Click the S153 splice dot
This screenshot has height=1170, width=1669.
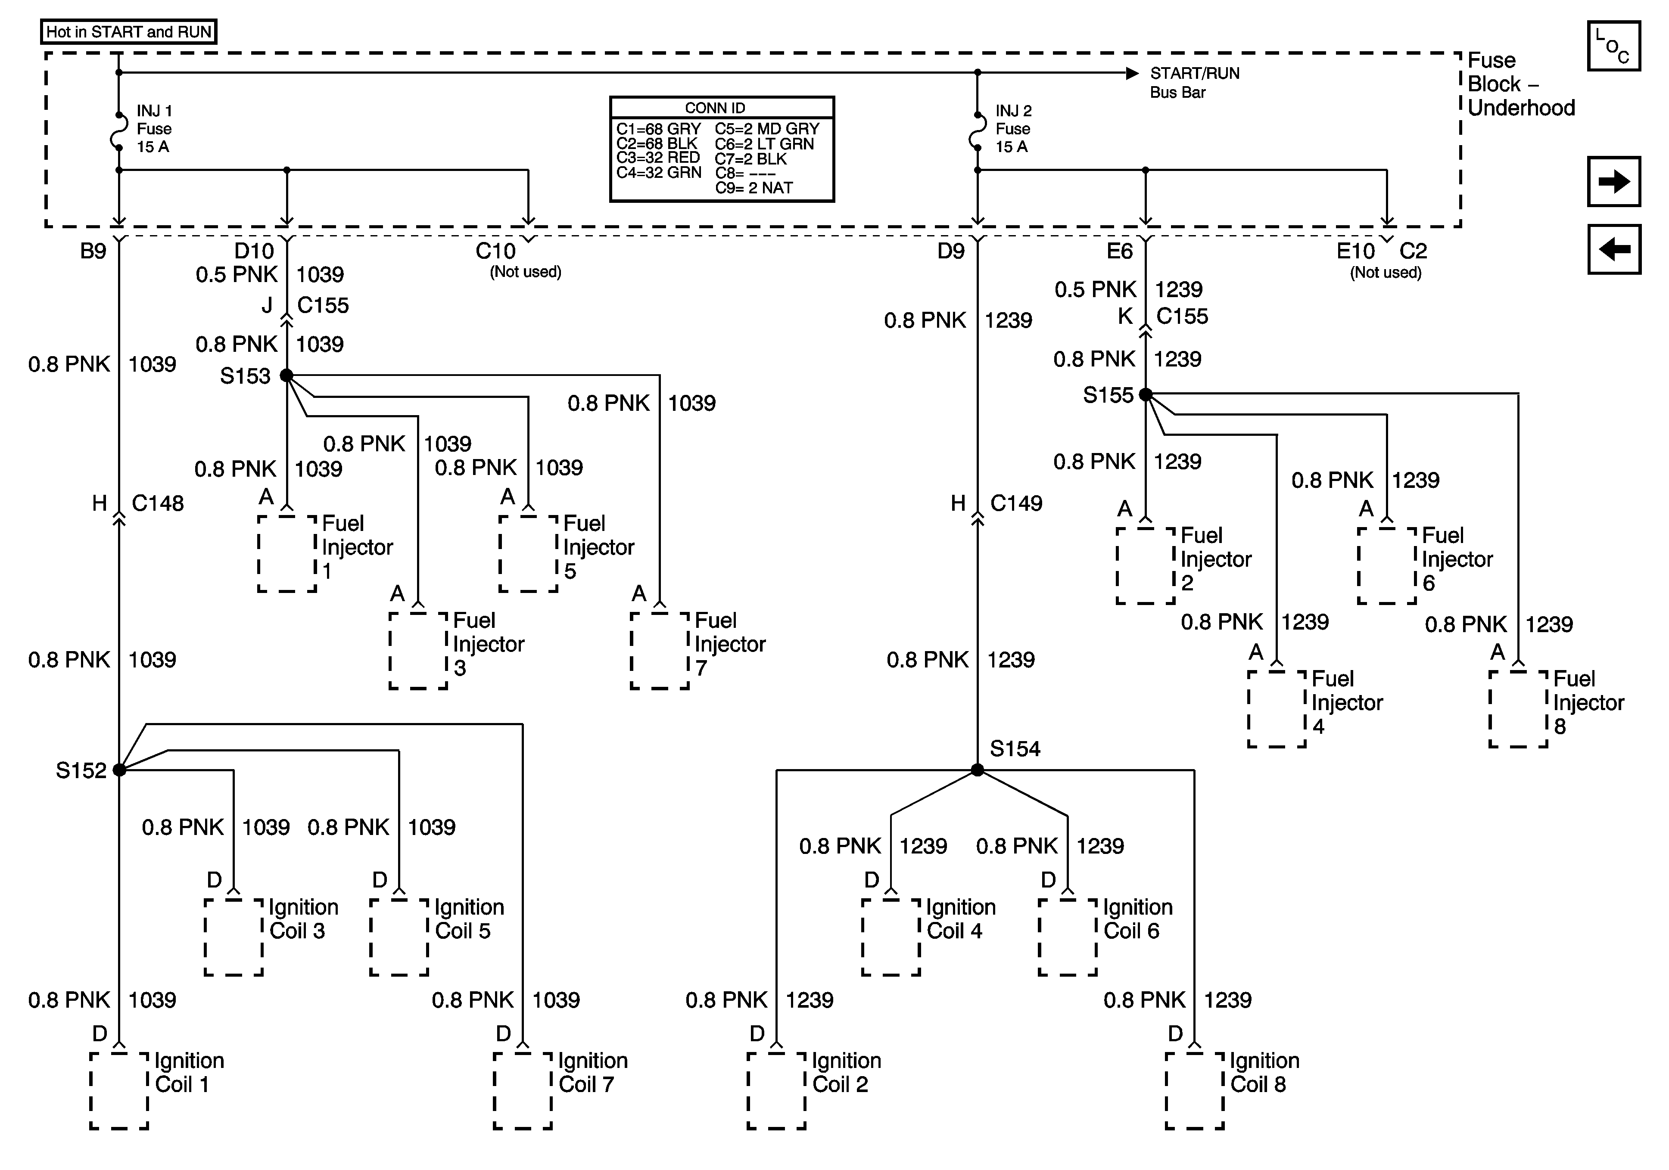pos(286,376)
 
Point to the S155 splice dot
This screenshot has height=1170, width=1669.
pos(1146,394)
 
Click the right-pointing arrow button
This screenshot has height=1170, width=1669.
pos(1614,181)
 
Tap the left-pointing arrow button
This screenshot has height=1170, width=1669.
pos(1614,249)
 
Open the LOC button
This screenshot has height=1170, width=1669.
pos(1614,46)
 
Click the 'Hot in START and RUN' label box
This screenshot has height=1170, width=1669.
pos(129,32)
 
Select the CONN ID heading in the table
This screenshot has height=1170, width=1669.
pos(715,108)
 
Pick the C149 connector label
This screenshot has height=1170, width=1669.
pos(1016,503)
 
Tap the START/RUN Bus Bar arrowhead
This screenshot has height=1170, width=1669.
pos(1132,73)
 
